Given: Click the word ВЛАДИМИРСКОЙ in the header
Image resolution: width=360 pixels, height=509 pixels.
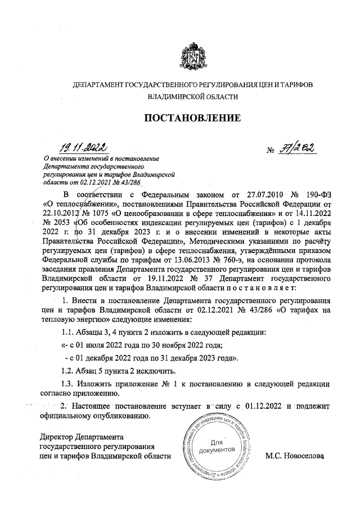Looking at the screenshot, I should pyautogui.click(x=163, y=97).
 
